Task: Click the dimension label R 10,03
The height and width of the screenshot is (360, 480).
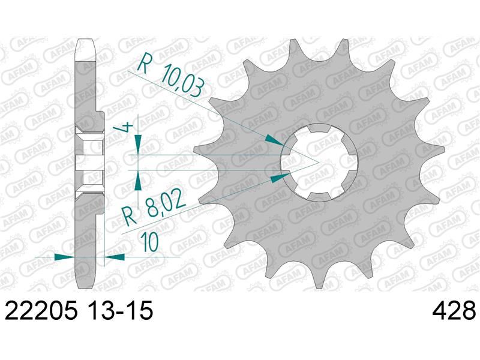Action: (170, 76)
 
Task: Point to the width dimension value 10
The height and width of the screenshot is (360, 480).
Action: (151, 242)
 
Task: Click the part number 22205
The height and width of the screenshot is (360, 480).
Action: (41, 310)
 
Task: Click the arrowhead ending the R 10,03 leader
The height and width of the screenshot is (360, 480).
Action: (274, 140)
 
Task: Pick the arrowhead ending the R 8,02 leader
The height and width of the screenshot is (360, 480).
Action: (280, 177)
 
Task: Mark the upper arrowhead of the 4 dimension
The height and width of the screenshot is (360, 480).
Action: (139, 144)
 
